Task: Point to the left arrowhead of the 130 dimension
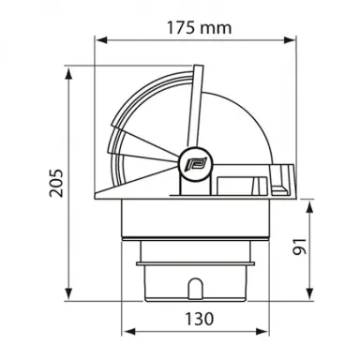[x=128, y=333]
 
